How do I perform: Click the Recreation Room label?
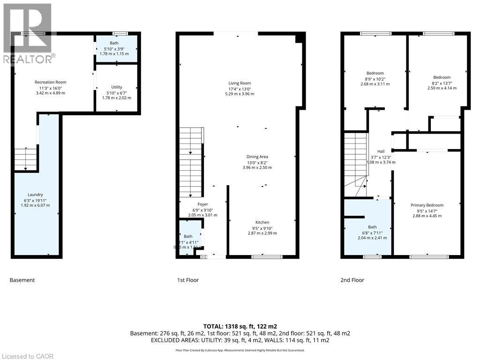[x=51, y=82]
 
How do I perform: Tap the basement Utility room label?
[x=117, y=87]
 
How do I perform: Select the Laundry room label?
[x=35, y=195]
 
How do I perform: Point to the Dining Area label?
[x=257, y=157]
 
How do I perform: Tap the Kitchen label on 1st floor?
[x=262, y=222]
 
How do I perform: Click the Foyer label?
[x=202, y=204]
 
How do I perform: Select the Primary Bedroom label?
[x=427, y=205]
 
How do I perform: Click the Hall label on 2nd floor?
[x=381, y=151]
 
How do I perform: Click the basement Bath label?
[x=114, y=43]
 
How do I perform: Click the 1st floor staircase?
[x=190, y=162]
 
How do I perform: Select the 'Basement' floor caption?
[x=22, y=280]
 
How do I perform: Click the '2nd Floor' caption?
[x=352, y=280]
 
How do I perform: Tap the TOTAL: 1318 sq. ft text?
[x=240, y=326]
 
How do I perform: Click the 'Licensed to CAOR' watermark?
[x=27, y=356]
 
